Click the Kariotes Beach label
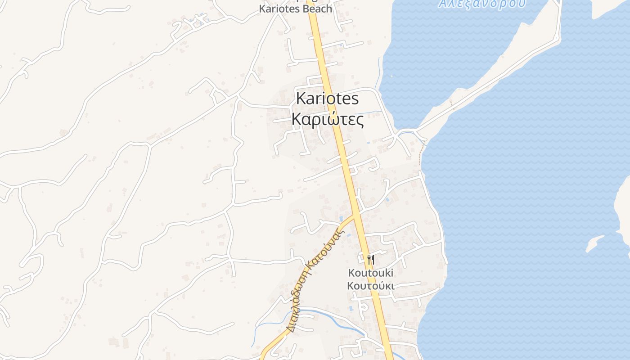pos(295,9)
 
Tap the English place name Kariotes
pos(327,99)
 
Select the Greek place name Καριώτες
pos(327,119)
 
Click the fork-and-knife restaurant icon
pos(370,259)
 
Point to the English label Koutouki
pos(370,273)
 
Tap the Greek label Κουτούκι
pos(370,286)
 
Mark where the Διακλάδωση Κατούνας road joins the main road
pos(355,216)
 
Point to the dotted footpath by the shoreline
pos(422,153)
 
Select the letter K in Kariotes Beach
pos(262,9)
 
